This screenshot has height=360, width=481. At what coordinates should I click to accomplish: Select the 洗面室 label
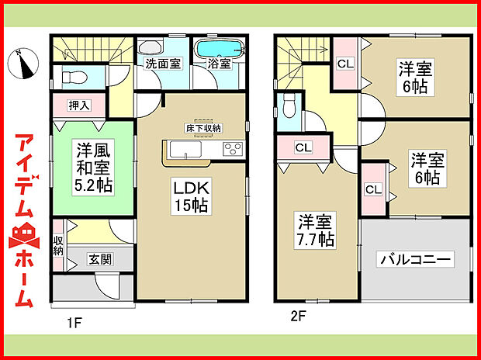click(x=163, y=64)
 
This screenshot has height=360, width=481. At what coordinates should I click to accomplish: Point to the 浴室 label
click(x=219, y=65)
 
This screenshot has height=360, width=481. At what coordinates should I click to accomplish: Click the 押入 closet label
click(x=67, y=104)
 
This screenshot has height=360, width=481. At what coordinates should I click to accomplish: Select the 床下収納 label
click(x=202, y=127)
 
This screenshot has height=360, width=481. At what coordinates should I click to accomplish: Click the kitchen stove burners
click(x=234, y=148)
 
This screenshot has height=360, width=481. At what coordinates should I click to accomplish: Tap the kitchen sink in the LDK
click(x=184, y=149)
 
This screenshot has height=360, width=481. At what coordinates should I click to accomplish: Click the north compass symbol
click(x=26, y=64)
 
